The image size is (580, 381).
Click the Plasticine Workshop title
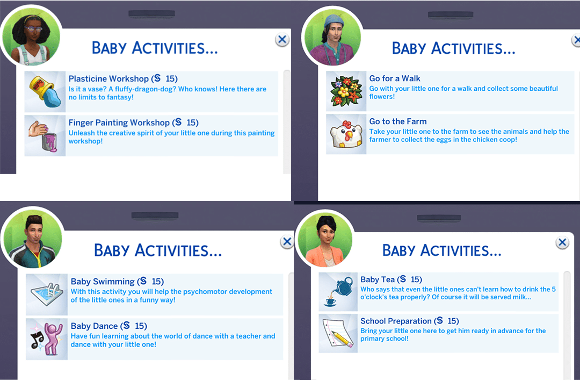pos(108,79)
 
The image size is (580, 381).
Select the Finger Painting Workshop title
pos(119,123)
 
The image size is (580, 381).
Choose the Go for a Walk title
pos(395,78)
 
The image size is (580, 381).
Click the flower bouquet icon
pos(346,91)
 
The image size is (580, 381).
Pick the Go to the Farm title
pos(398,121)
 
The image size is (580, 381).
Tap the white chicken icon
pos(346,134)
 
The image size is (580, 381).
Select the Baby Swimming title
pos(103,282)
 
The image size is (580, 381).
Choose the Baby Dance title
pos(94,326)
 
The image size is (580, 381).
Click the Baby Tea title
pos(378,279)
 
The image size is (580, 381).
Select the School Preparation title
pos(396,321)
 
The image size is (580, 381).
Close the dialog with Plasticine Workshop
pos(282,39)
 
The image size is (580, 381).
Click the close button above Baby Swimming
pos(287,242)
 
